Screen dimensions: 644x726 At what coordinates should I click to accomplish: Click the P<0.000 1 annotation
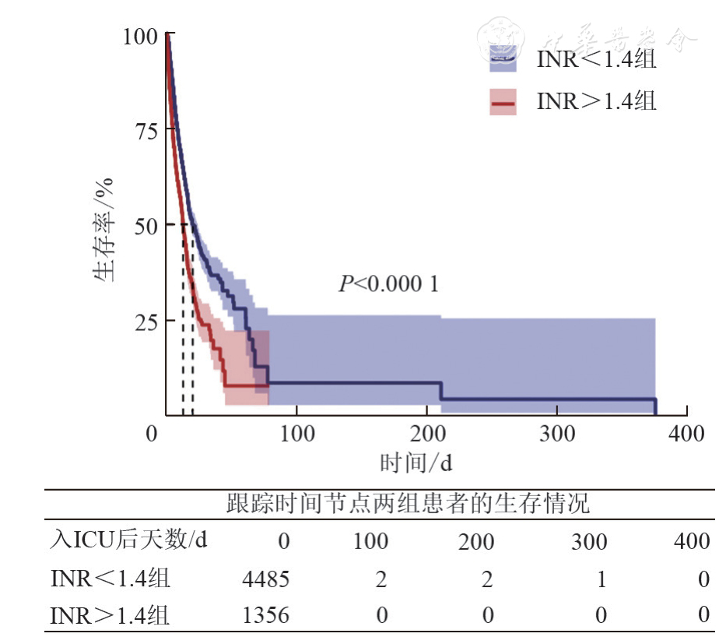[x=388, y=284]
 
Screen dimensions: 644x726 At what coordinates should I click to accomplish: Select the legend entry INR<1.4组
[x=596, y=60]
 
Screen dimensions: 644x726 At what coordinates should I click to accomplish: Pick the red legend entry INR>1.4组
[x=596, y=101]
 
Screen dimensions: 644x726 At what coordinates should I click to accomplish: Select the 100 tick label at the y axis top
[x=141, y=36]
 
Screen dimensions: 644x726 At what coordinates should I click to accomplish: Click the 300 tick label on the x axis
[x=557, y=434]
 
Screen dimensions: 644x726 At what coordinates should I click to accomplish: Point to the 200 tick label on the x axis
[x=426, y=434]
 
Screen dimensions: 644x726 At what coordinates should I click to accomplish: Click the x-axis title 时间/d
[x=416, y=463]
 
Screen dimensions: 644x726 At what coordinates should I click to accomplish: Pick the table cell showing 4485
[x=266, y=579]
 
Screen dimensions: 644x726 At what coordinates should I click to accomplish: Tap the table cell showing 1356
[x=266, y=616]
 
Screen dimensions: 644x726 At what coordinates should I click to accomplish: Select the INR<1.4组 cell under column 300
[x=600, y=579]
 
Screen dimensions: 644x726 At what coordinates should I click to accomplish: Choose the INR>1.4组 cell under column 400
[x=703, y=616]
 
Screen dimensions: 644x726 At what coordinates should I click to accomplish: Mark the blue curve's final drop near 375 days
[x=655, y=406]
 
